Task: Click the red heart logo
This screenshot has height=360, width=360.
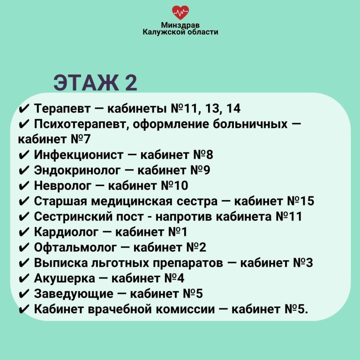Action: (180, 12)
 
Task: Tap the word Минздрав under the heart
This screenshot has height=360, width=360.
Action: (180, 25)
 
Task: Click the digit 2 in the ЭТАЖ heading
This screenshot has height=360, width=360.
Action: (131, 82)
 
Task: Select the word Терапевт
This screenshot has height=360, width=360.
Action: (62, 108)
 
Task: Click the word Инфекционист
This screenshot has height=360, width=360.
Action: (79, 155)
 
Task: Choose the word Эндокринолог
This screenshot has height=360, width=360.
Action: (77, 170)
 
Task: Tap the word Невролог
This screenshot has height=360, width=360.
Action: (63, 186)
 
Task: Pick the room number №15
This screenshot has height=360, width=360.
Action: (300, 201)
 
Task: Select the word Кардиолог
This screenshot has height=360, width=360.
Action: (66, 232)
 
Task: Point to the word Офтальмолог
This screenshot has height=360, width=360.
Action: (75, 247)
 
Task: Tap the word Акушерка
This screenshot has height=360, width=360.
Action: (65, 278)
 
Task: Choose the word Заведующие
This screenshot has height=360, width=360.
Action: (74, 293)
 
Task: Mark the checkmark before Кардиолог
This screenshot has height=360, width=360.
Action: (24, 232)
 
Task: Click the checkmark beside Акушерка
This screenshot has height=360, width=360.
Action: (24, 278)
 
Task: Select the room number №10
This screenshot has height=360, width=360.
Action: (174, 186)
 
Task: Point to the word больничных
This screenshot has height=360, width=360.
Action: (250, 124)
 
